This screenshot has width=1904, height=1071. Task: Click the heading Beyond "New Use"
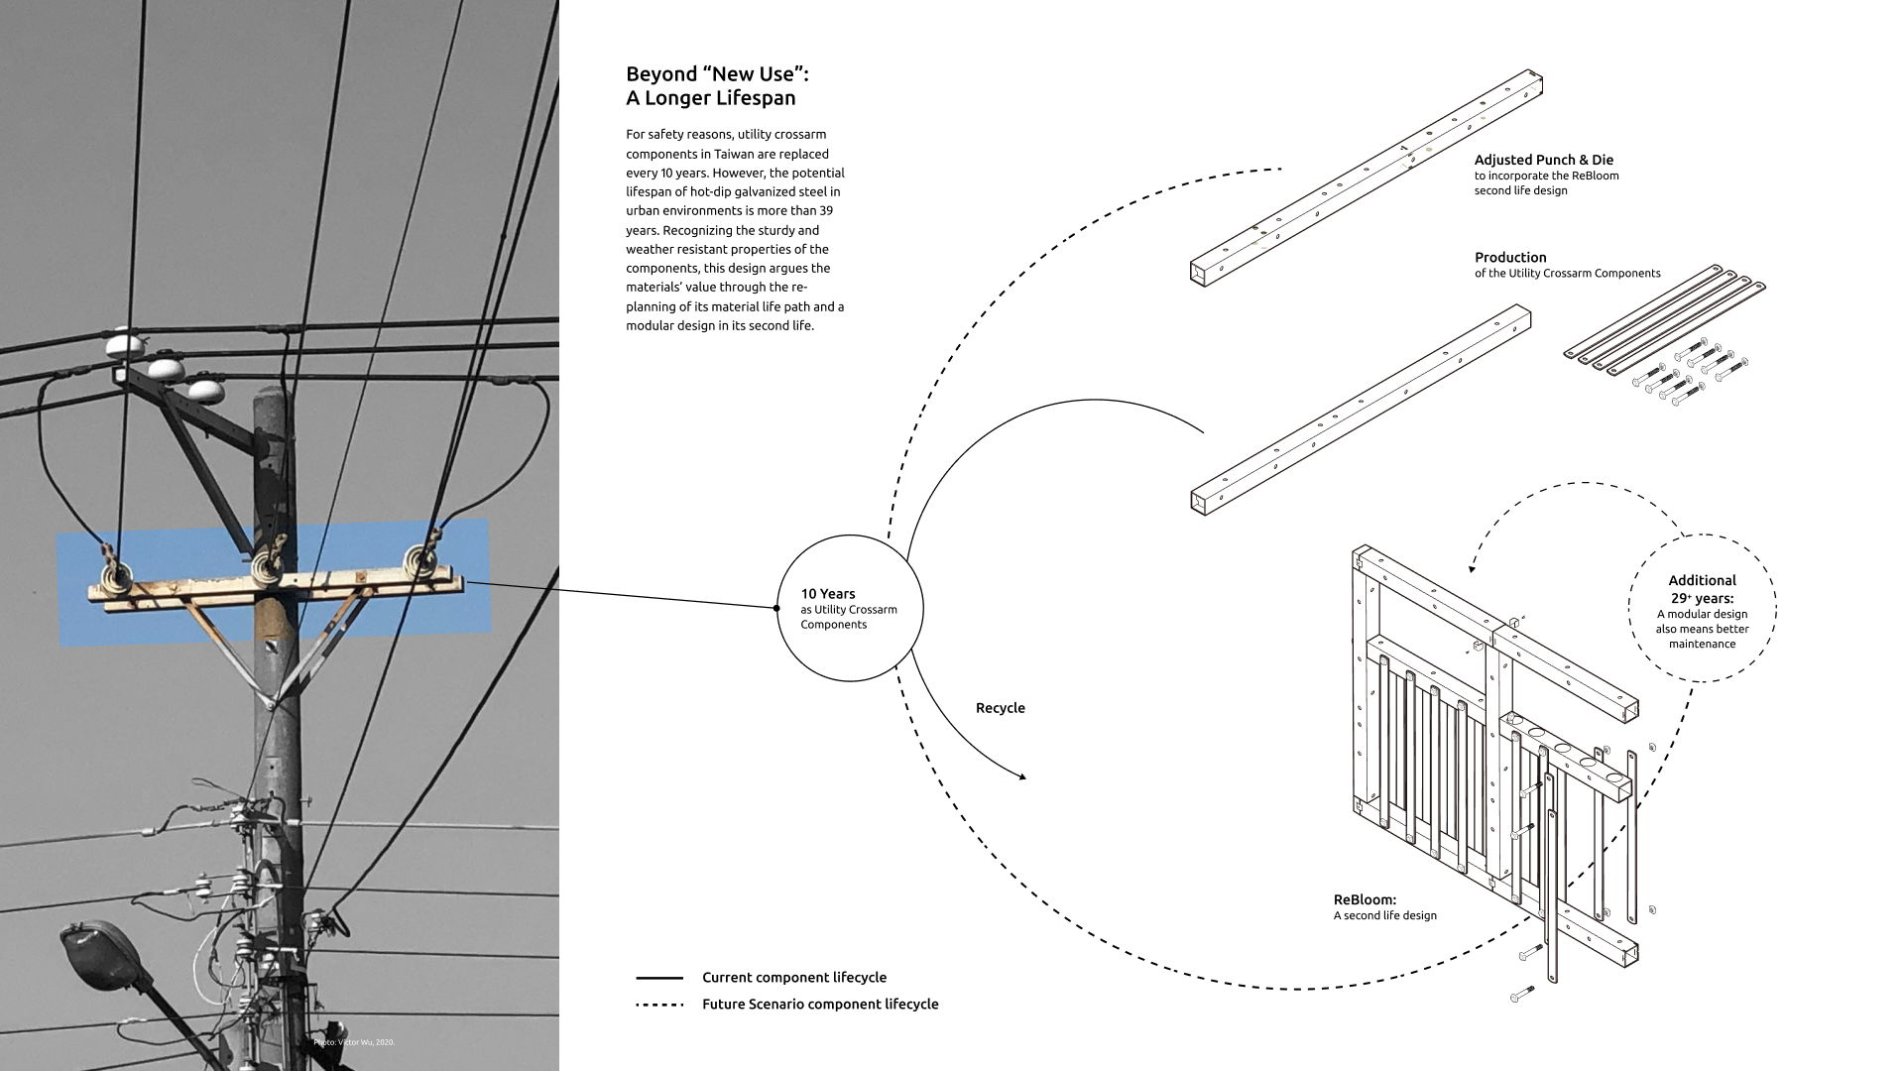[x=710, y=74]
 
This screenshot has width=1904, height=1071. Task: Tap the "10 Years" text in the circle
[x=828, y=594]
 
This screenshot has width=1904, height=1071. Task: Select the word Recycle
[x=1000, y=708]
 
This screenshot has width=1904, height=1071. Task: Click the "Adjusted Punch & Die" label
[x=1543, y=160]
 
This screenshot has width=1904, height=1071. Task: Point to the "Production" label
[x=1510, y=258]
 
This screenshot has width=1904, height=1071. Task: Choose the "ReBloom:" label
[x=1365, y=900]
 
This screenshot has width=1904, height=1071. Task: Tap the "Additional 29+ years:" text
[x=1702, y=589]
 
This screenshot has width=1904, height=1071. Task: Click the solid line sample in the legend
[x=659, y=978]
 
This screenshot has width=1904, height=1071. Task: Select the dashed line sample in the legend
[x=659, y=1005]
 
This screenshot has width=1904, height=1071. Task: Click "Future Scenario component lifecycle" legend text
[x=820, y=1005]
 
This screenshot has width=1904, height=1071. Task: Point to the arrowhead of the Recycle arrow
[x=1022, y=776]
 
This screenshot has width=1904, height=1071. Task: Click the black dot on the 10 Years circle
[x=776, y=608]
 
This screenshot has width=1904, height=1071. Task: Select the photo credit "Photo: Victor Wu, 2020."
[x=354, y=1042]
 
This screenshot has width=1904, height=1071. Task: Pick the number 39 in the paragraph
[x=825, y=211]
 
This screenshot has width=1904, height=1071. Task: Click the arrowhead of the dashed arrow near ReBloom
[x=1472, y=568]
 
